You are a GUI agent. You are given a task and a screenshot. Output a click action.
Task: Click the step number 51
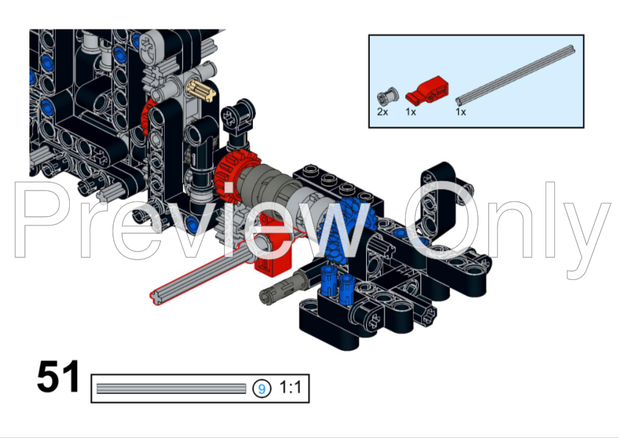(x=58, y=378)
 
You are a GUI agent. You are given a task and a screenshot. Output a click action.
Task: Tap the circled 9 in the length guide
(x=261, y=388)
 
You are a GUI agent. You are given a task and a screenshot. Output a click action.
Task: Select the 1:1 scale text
(x=290, y=388)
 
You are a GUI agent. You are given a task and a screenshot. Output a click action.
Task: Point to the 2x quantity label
(x=382, y=112)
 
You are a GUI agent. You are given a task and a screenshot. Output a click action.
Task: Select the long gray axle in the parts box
(x=515, y=73)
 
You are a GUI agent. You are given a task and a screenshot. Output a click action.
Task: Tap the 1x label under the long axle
(x=461, y=112)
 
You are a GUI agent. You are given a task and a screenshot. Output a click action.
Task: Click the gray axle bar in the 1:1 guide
(x=171, y=388)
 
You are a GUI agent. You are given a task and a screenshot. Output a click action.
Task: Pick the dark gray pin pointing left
(x=283, y=287)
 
